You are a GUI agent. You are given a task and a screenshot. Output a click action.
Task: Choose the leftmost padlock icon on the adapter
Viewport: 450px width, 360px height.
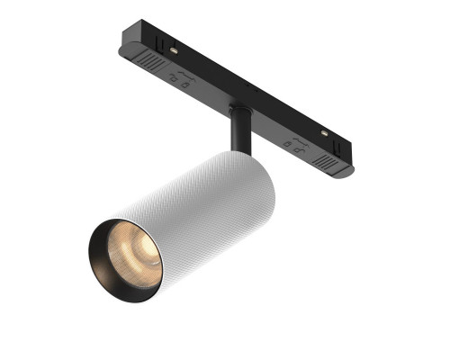click(x=174, y=81)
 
